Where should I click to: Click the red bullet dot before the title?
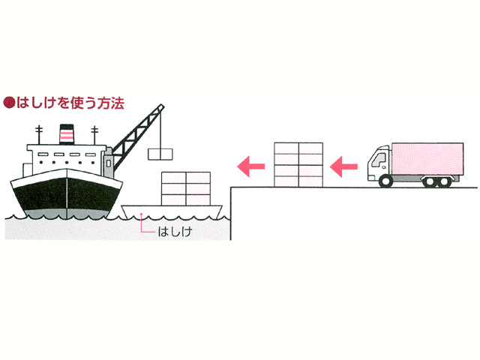click(9, 103)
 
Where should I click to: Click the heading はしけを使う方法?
click(70, 103)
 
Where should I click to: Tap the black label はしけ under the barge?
click(175, 232)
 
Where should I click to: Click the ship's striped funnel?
click(67, 134)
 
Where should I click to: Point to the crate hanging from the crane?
click(160, 154)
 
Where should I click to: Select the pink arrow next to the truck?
click(343, 166)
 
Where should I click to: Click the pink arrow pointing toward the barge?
click(251, 166)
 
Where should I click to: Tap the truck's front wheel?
click(385, 181)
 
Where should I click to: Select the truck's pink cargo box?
click(427, 159)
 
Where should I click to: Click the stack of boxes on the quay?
click(298, 165)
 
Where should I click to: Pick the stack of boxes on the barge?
click(186, 188)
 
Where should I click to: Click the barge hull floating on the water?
click(172, 211)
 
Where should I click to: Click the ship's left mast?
click(39, 135)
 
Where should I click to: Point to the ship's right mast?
click(94, 135)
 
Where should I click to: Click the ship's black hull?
click(67, 196)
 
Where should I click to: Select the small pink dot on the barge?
click(141, 214)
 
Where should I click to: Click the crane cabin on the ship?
click(108, 163)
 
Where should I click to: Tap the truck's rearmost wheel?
click(443, 181)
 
